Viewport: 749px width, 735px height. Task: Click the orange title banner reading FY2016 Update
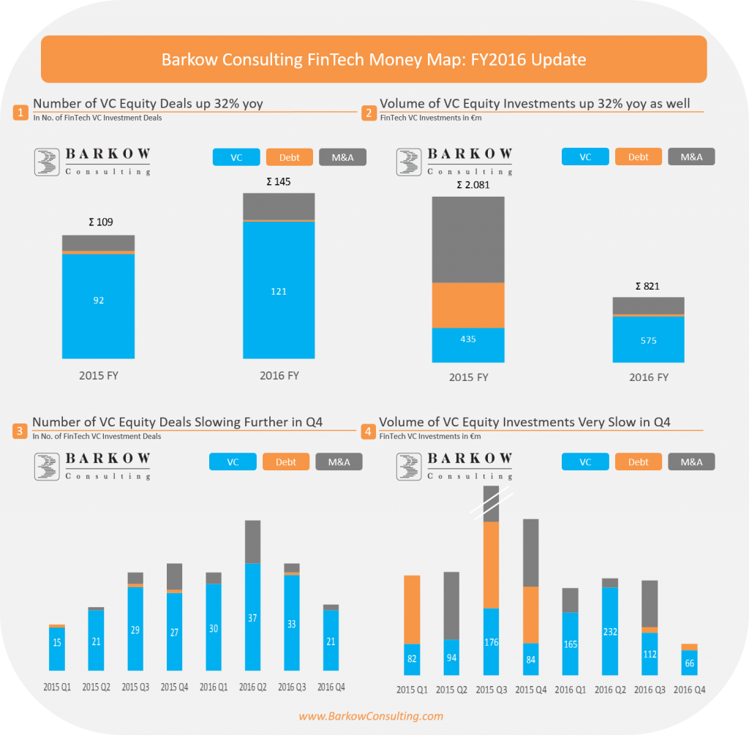pyautogui.click(x=374, y=59)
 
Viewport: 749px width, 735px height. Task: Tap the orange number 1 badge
pyautogui.click(x=20, y=113)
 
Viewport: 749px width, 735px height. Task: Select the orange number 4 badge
pyautogui.click(x=367, y=431)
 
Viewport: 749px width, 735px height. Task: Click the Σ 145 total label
pyautogui.click(x=278, y=181)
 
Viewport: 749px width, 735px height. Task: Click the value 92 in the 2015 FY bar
pyautogui.click(x=99, y=301)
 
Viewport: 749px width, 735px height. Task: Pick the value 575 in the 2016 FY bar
pyautogui.click(x=648, y=341)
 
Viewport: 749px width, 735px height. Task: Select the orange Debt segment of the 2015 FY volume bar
pyautogui.click(x=468, y=305)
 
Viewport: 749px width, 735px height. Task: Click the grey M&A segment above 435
pyautogui.click(x=468, y=240)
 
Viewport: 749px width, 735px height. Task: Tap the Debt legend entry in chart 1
pyautogui.click(x=290, y=157)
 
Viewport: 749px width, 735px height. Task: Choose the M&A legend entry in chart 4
pyautogui.click(x=691, y=461)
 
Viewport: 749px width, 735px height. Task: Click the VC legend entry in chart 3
pyautogui.click(x=233, y=461)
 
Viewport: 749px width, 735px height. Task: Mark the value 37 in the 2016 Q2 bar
pyautogui.click(x=253, y=617)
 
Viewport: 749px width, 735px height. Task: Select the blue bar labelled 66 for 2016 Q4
pyautogui.click(x=688, y=662)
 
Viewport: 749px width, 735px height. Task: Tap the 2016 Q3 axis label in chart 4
pyautogui.click(x=648, y=690)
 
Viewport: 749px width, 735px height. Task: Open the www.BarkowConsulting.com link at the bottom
pyautogui.click(x=371, y=716)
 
